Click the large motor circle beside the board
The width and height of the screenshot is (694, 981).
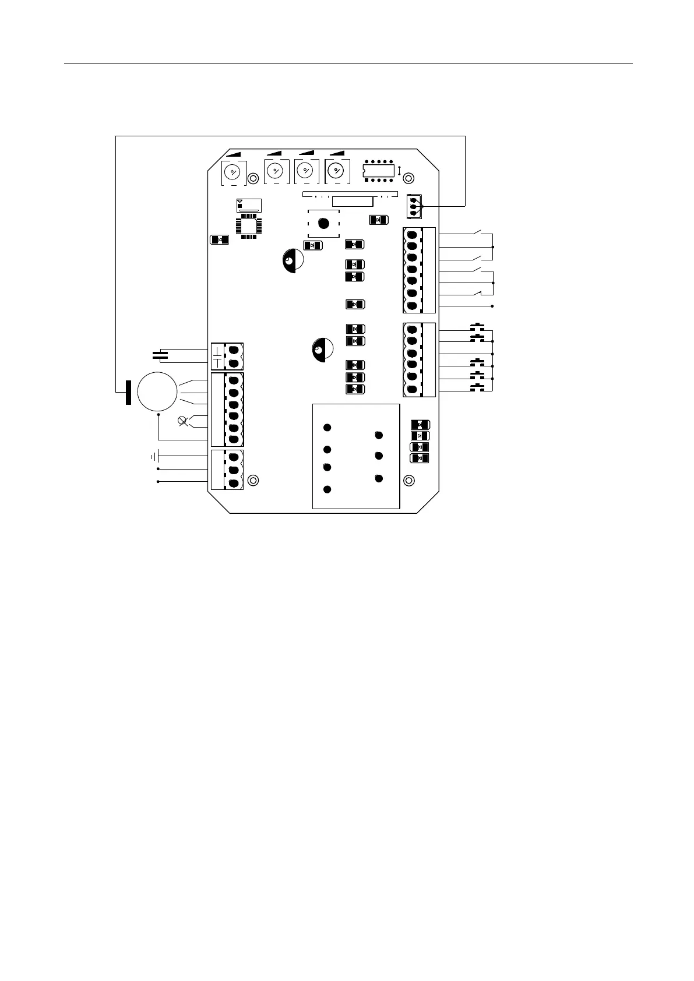point(157,391)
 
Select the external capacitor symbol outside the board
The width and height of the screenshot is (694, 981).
point(160,354)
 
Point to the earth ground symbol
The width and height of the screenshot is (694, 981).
point(154,456)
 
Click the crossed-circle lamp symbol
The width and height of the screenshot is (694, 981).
point(182,421)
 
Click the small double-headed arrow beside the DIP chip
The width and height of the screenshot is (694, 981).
point(399,171)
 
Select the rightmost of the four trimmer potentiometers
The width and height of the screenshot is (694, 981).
point(335,171)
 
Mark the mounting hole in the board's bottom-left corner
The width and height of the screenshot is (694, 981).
point(253,481)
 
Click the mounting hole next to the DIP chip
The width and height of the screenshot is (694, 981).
point(409,178)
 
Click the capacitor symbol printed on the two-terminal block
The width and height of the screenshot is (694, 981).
point(217,356)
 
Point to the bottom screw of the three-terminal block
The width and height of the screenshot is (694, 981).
point(234,482)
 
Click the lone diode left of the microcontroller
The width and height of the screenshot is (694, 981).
point(219,239)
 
